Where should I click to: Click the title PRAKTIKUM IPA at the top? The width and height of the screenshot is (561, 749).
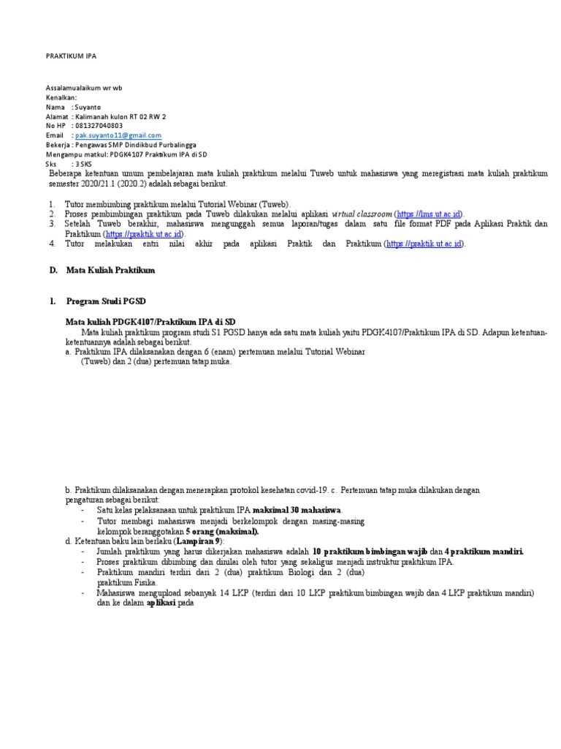pos(71,56)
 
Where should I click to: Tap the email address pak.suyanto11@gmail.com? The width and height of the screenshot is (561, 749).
pos(116,135)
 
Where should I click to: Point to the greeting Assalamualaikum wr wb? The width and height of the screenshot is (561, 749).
pos(84,88)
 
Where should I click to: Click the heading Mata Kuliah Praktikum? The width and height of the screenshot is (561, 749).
pos(112,271)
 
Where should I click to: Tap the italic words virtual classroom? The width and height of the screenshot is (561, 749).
pos(362,213)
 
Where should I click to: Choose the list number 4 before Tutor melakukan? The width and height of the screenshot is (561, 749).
pos(53,244)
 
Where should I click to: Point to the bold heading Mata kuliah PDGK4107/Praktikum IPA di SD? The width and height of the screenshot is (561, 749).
pos(150,322)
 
